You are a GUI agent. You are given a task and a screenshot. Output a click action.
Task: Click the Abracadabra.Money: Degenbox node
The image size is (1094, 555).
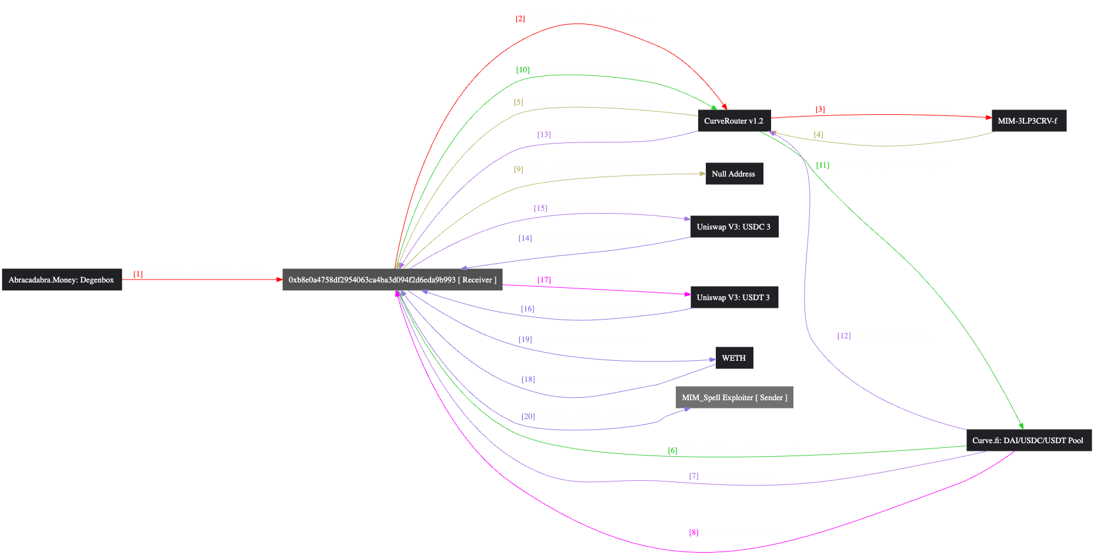point(62,280)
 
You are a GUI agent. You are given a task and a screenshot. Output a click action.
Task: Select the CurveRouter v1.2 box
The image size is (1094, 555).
point(733,121)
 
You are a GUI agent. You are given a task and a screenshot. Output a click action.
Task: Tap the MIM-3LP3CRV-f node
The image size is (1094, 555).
point(1028,121)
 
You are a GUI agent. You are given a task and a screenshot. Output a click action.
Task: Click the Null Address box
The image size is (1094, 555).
point(733,174)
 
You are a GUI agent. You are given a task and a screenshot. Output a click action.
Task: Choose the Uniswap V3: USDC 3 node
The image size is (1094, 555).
point(733,227)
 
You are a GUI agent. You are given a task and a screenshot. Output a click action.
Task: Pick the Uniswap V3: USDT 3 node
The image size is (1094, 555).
point(733,297)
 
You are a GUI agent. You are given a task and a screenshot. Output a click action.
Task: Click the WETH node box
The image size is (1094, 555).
point(733,358)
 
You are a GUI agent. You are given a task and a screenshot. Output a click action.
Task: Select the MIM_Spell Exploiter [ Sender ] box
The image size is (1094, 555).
point(734,397)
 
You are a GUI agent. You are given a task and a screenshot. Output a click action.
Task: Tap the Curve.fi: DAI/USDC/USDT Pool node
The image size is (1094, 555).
point(1028,440)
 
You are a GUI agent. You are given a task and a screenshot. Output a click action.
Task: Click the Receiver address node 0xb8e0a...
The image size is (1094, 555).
point(392,280)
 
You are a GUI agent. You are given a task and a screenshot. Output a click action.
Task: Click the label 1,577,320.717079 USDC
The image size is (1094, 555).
point(592,208)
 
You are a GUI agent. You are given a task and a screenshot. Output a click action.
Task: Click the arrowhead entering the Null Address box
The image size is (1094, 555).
point(702,174)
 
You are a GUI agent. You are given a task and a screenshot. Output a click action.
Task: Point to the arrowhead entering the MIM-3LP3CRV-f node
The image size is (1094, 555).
point(988,117)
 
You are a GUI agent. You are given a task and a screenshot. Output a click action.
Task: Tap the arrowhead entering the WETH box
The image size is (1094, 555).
point(712,360)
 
